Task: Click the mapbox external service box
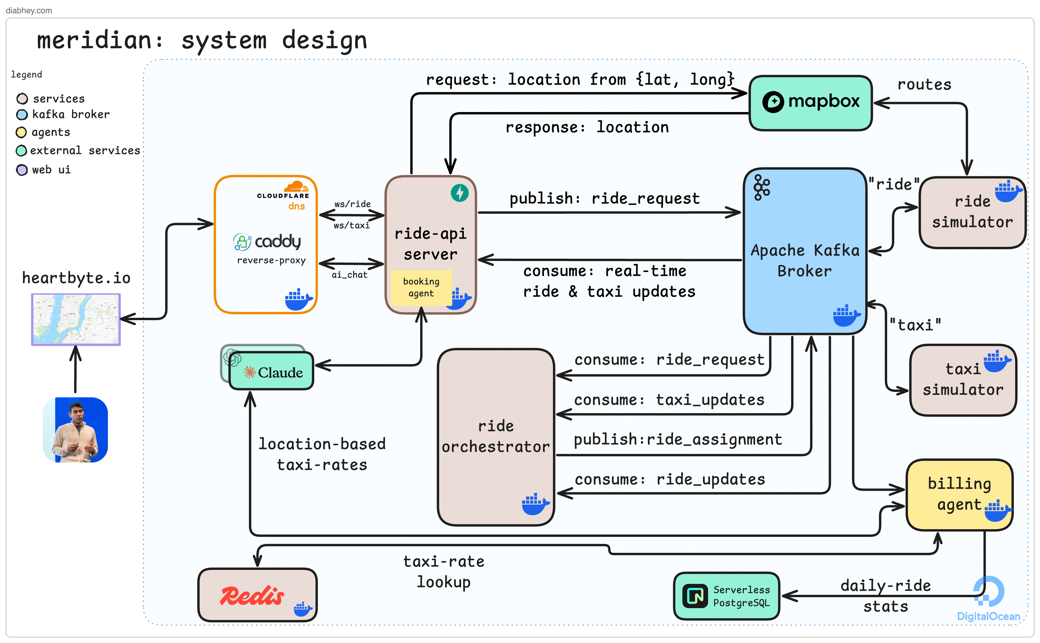pyautogui.click(x=810, y=103)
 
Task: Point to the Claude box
pyautogui.click(x=272, y=372)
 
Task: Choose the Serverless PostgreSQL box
pyautogui.click(x=726, y=595)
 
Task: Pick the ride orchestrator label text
pyautogui.click(x=495, y=436)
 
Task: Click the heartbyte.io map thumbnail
pyautogui.click(x=76, y=319)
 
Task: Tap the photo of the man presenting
pyautogui.click(x=76, y=430)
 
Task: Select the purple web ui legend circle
pyautogui.click(x=22, y=170)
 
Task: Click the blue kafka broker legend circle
pyautogui.click(x=22, y=115)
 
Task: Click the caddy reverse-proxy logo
pyautogui.click(x=268, y=242)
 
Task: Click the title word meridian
pyautogui.click(x=94, y=41)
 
